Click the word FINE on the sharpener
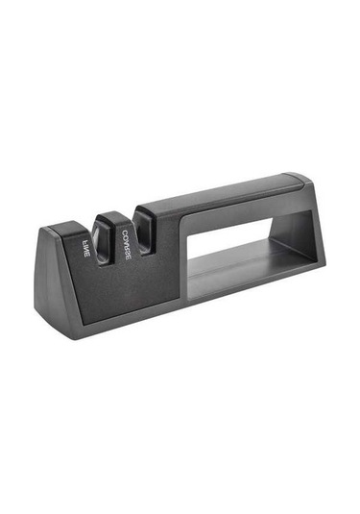[x=84, y=249]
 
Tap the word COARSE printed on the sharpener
[x=127, y=243]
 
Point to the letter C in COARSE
[x=125, y=233]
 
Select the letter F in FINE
[x=84, y=242]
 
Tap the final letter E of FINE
[x=85, y=256]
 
